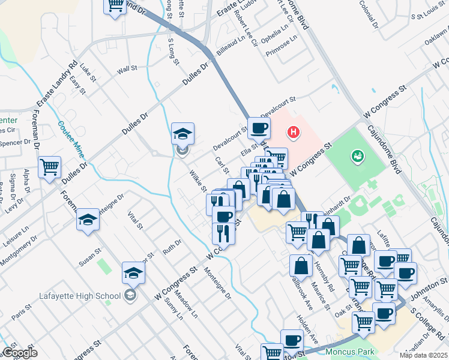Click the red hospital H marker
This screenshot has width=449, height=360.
pyautogui.click(x=293, y=132)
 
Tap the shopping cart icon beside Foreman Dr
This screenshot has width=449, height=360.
pyautogui.click(x=50, y=167)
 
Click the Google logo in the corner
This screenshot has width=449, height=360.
pyautogui.click(x=19, y=353)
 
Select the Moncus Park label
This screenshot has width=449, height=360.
pyautogui.click(x=349, y=351)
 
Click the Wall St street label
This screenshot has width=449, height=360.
pyautogui.click(x=127, y=70)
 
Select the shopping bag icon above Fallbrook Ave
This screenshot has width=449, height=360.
pyautogui.click(x=301, y=265)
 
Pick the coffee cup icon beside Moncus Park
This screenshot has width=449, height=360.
pyautogui.click(x=292, y=340)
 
